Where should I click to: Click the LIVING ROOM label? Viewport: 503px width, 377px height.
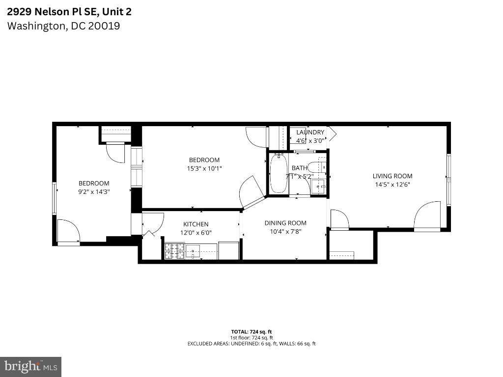coord(392,176)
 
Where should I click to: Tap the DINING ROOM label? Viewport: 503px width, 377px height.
coord(285,223)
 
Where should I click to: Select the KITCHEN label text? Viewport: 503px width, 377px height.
coord(196,224)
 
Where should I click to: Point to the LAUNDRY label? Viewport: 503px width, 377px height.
coord(310,133)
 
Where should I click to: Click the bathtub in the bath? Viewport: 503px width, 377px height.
coord(278,173)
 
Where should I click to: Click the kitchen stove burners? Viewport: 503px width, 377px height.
coord(175,251)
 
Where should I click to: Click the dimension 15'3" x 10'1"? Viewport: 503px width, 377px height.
coord(204,168)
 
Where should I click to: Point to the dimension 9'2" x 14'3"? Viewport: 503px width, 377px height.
coord(94,192)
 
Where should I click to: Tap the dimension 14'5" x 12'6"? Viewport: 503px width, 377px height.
coord(392,185)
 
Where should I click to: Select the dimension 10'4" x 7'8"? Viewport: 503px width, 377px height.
coord(285,232)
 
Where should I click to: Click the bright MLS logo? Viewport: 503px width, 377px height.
coord(31,367)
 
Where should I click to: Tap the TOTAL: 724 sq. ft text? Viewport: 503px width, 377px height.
coord(251,332)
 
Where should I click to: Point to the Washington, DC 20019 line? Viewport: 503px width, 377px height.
coord(63,26)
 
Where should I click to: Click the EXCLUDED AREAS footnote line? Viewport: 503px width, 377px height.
coord(251,344)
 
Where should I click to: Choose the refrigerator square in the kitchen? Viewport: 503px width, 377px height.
coord(229,250)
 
